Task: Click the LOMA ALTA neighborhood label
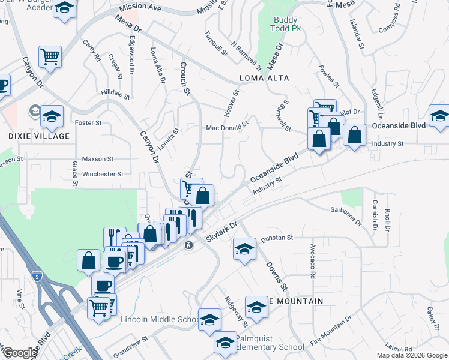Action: (x=264, y=78)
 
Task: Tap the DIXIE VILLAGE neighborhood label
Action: (x=39, y=136)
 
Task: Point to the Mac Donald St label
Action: (x=227, y=127)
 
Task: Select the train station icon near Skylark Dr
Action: (x=188, y=245)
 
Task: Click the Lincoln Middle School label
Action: (x=160, y=319)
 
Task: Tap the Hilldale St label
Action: (x=115, y=94)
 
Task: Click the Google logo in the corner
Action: (x=20, y=353)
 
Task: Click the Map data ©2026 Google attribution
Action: (x=412, y=355)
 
